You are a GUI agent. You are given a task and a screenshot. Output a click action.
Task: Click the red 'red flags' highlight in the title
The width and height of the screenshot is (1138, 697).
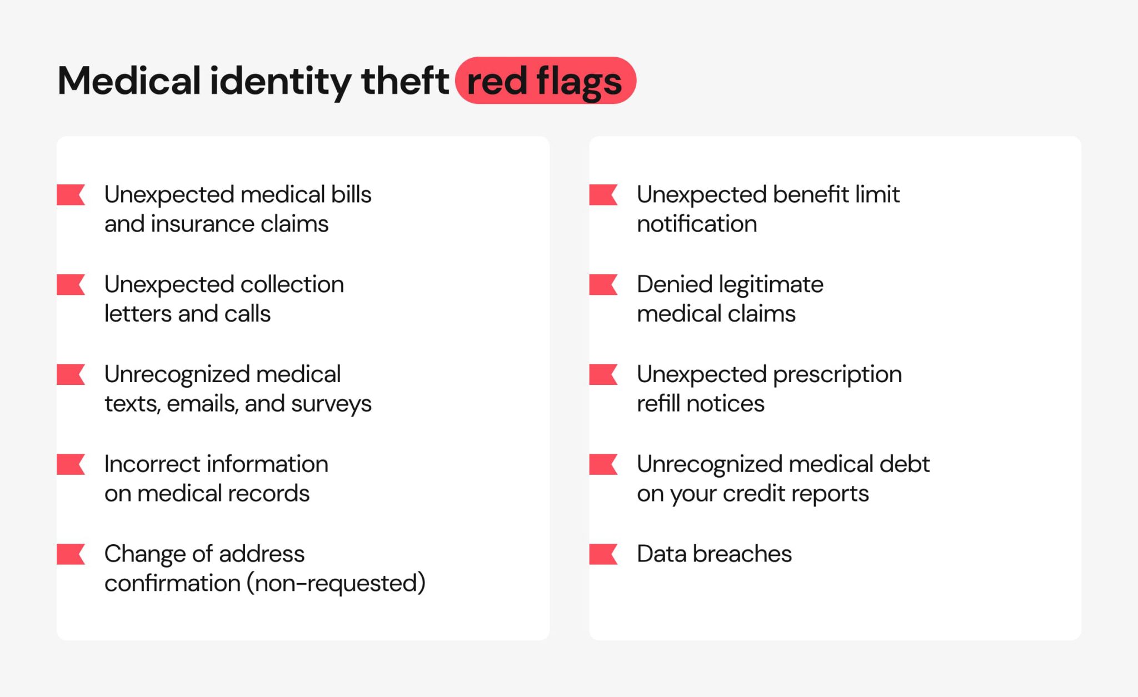click(x=545, y=81)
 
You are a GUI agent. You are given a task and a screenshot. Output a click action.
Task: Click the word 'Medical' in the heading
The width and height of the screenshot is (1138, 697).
click(x=129, y=81)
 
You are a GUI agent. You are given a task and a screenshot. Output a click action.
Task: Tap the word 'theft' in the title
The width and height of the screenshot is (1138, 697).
click(x=405, y=81)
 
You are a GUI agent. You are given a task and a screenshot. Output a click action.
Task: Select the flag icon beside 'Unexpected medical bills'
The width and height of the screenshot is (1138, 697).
click(x=71, y=195)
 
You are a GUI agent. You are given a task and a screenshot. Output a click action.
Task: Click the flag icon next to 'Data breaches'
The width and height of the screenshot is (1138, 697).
click(x=603, y=554)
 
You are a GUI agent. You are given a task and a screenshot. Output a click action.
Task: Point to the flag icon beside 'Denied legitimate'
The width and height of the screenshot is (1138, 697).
click(x=603, y=285)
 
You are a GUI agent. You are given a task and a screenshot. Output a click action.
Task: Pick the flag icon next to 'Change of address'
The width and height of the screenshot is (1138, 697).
click(x=71, y=554)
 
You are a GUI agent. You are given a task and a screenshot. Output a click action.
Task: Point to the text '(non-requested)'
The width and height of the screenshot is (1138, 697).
click(x=336, y=584)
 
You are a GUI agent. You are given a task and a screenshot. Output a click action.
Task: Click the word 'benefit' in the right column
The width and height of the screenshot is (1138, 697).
click(x=811, y=195)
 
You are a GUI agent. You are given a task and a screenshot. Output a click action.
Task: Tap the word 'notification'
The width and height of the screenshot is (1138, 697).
click(x=697, y=224)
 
